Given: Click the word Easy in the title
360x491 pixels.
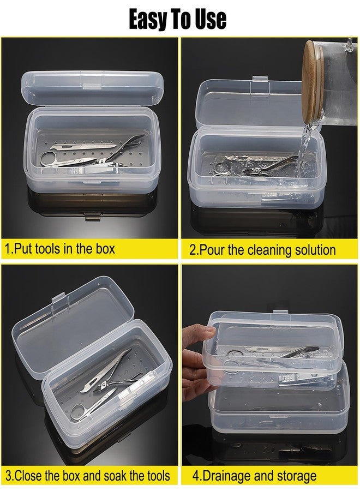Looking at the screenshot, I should (149, 20).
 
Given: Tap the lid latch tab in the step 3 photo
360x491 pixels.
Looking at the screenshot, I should (58, 300).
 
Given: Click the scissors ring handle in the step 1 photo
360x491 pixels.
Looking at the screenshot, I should (47, 158).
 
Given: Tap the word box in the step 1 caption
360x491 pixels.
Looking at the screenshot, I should (104, 249).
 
